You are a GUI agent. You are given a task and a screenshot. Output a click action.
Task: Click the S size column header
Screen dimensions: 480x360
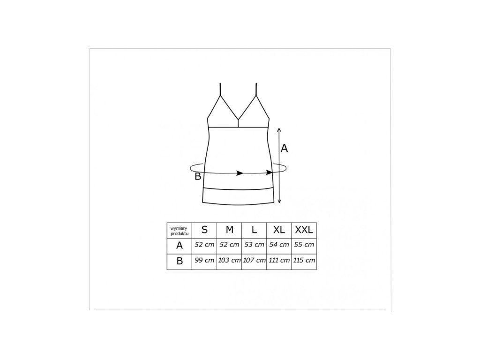click(x=204, y=230)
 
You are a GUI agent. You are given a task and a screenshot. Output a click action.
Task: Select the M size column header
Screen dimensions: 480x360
click(x=229, y=230)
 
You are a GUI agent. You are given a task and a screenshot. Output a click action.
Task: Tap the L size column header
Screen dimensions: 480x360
click(x=254, y=230)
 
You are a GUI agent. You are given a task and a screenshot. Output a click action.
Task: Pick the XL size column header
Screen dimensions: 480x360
click(x=279, y=230)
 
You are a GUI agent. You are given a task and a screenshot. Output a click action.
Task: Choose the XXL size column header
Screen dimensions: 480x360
click(x=304, y=230)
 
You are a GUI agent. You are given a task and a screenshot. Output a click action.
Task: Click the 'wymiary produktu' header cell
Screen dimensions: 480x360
click(x=180, y=231)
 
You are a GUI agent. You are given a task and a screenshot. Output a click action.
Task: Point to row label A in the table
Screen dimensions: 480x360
click(x=180, y=246)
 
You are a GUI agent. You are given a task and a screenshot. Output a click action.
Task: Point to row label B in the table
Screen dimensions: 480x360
click(x=180, y=261)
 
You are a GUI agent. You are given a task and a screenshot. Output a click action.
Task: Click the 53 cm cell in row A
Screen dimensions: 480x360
click(x=254, y=245)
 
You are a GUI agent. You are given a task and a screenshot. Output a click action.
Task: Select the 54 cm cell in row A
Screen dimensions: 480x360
click(x=279, y=245)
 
